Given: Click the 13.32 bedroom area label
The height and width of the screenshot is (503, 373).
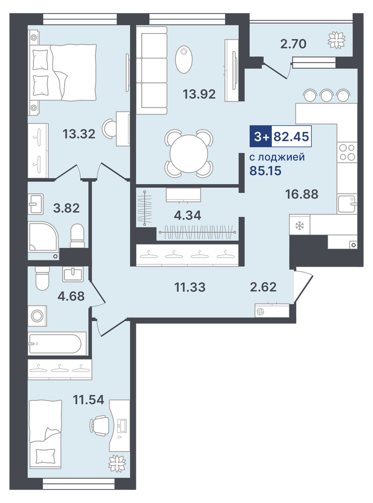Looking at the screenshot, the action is coord(79,134).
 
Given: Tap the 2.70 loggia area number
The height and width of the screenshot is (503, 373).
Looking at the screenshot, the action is coord(293,44).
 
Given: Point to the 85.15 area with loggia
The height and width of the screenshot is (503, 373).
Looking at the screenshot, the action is coord(265,171).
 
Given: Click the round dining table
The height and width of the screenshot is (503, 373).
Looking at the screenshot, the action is coord(189,154).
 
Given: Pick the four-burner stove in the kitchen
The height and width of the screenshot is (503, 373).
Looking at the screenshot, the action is coord(347,152).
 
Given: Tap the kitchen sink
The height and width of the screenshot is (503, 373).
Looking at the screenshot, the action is coord(347,203).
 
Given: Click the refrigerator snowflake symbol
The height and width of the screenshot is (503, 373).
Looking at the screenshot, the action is coord(299,226).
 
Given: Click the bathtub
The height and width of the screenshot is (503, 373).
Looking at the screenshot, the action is coord(57,343).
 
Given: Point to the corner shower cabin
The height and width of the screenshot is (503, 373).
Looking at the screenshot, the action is coord(43,236).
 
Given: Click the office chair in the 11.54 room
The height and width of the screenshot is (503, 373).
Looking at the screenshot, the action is coord(99,425).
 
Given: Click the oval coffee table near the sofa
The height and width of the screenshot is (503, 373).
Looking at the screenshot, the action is coord(183,59).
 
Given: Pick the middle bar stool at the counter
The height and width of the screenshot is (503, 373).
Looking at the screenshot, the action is coord(326,95).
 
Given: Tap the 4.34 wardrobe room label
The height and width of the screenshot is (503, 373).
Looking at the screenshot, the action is coord(188,215).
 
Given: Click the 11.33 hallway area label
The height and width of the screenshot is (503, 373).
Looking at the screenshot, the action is coord(190,287).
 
